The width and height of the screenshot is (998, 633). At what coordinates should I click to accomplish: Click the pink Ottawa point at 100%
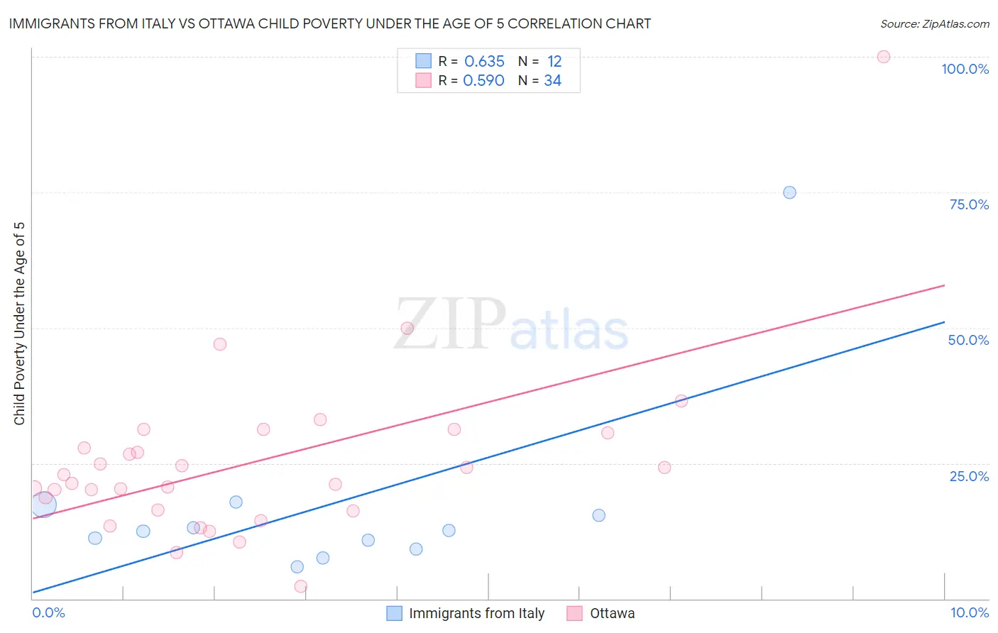(x=883, y=57)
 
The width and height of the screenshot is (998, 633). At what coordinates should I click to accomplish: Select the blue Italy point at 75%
(x=789, y=192)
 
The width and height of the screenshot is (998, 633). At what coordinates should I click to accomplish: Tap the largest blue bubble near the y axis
(x=43, y=505)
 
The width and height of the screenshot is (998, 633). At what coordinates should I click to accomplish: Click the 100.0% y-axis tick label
(x=965, y=69)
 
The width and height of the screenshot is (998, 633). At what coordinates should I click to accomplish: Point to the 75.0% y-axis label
(x=969, y=204)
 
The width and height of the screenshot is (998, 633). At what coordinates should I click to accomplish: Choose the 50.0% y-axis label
(x=968, y=340)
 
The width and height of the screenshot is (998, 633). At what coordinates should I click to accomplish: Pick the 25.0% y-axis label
(x=969, y=475)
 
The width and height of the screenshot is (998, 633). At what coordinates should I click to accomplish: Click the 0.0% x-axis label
(x=48, y=612)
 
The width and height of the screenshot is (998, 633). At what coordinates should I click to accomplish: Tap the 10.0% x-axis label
(x=969, y=612)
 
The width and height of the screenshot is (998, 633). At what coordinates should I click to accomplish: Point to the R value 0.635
(x=484, y=62)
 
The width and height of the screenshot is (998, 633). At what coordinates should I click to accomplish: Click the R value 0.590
(x=483, y=81)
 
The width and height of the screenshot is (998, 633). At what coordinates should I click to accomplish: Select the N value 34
(x=552, y=81)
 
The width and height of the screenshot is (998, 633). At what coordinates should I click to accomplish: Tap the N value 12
(x=554, y=62)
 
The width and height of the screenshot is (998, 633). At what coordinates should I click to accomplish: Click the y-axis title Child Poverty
(x=19, y=323)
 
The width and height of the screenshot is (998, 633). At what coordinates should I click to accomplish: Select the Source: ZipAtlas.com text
(x=934, y=24)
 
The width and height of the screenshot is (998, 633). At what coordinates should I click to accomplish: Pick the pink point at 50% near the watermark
(x=407, y=328)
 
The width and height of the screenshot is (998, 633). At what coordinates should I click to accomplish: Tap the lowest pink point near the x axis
(x=300, y=586)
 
